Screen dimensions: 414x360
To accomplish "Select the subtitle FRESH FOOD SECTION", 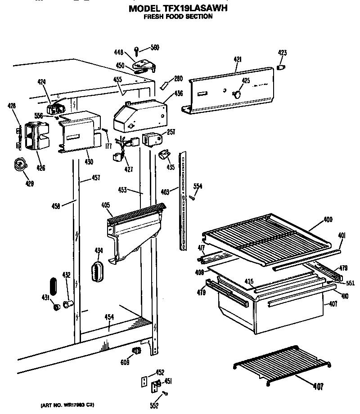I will click(178, 17).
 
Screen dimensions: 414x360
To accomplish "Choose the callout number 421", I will click(238, 59).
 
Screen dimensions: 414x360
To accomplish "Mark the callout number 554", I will click(198, 186).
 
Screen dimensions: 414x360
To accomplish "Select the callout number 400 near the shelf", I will click(328, 220).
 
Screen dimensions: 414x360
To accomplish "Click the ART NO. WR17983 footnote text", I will click(68, 405).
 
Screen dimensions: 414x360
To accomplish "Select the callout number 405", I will click(105, 205).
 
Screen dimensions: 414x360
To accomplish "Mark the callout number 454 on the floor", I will click(109, 317).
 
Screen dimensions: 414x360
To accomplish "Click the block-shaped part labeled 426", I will click(36, 136).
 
